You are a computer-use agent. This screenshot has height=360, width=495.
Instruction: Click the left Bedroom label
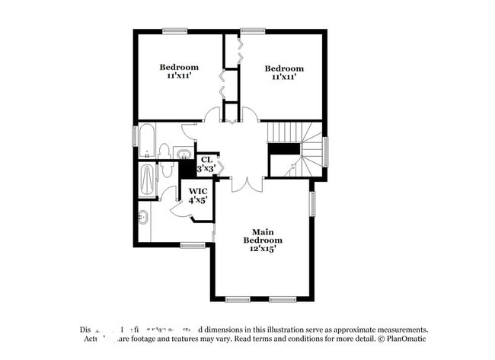tap(179, 67)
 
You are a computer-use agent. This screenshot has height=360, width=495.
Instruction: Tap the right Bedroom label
tap(284, 68)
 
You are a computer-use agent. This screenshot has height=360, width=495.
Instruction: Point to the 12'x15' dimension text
tap(260, 248)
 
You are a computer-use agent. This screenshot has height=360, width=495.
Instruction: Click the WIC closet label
tap(198, 191)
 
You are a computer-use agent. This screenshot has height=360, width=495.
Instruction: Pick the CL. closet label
tap(206, 159)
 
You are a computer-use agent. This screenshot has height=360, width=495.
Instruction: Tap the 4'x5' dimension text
tap(198, 201)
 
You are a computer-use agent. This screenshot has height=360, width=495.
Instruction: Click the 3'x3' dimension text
tap(206, 168)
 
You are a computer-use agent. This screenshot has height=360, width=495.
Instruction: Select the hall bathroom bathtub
tap(146, 142)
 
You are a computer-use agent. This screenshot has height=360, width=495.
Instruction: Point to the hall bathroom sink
tap(184, 155)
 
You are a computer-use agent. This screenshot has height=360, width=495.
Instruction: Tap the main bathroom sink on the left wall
tap(143, 218)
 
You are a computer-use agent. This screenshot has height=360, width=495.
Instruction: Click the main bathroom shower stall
tap(147, 180)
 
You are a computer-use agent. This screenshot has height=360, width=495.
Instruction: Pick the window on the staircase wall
tap(325, 151)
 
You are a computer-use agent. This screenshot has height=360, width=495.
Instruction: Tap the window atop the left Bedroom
tap(174, 31)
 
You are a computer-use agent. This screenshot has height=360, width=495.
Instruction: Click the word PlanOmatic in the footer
tap(406, 339)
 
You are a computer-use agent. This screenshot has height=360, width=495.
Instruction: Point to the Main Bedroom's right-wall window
tap(312, 203)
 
